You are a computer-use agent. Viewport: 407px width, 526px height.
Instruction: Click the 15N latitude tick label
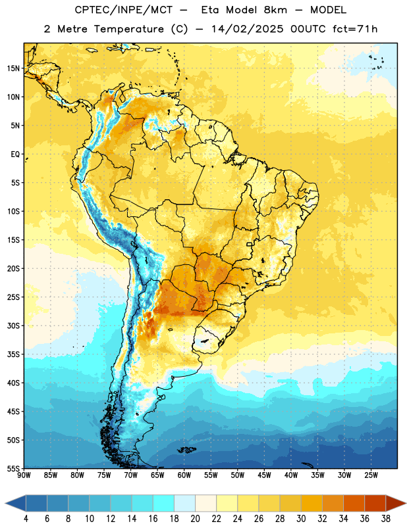[13, 68]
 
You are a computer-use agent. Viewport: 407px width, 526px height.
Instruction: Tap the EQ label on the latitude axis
[15, 155]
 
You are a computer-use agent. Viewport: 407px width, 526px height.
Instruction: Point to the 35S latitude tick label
[13, 354]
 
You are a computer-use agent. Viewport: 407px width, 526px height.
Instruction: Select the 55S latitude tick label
[13, 468]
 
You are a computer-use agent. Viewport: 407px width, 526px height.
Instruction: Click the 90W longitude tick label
[24, 475]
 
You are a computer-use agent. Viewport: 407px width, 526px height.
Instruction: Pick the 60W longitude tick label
[184, 475]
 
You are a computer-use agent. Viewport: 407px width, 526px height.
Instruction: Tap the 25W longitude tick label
[371, 475]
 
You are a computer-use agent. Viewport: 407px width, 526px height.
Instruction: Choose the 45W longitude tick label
[265, 475]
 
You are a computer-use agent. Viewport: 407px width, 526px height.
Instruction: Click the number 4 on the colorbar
[26, 519]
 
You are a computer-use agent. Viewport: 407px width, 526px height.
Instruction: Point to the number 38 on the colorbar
[386, 519]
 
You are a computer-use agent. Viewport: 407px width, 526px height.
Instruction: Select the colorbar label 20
[195, 519]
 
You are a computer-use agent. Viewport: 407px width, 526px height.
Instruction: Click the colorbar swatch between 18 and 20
[185, 503]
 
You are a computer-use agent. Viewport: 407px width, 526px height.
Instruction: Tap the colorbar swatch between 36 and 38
[375, 503]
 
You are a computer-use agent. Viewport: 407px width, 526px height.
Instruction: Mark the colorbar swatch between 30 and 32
[312, 503]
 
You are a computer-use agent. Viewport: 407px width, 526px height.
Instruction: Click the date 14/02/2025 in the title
[248, 29]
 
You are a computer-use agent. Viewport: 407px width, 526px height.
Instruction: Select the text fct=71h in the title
[355, 29]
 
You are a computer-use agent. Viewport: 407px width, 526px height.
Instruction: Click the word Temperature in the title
[128, 29]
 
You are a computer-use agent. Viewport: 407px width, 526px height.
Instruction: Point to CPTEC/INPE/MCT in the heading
[123, 10]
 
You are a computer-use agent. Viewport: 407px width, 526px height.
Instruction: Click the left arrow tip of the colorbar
[6, 503]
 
